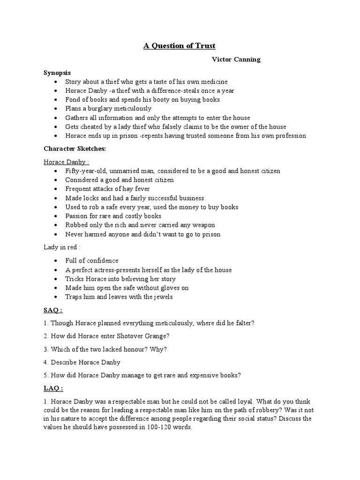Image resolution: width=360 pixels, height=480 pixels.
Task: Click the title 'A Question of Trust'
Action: (x=180, y=46)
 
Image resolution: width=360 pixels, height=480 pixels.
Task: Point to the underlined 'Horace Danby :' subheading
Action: (x=65, y=162)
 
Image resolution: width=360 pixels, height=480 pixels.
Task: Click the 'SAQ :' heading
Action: (x=54, y=310)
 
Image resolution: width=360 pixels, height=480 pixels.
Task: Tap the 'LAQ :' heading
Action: (x=54, y=389)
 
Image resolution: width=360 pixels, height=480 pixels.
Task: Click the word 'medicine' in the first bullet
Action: (x=214, y=82)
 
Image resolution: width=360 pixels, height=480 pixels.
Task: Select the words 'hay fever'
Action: (x=127, y=189)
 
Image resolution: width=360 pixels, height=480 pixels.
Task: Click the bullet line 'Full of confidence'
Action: (x=92, y=261)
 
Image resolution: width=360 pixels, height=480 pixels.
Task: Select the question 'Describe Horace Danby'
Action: (x=85, y=362)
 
